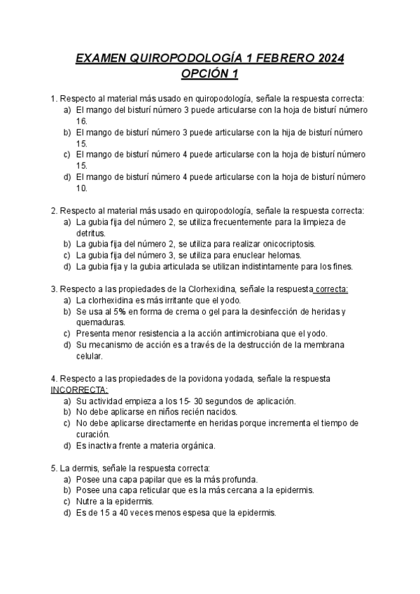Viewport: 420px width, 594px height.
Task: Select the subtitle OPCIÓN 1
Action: tap(210, 74)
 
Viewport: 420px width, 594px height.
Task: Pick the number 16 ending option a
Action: tap(81, 121)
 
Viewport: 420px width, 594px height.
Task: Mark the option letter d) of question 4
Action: tap(67, 445)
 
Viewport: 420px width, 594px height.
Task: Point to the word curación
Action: tap(95, 434)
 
